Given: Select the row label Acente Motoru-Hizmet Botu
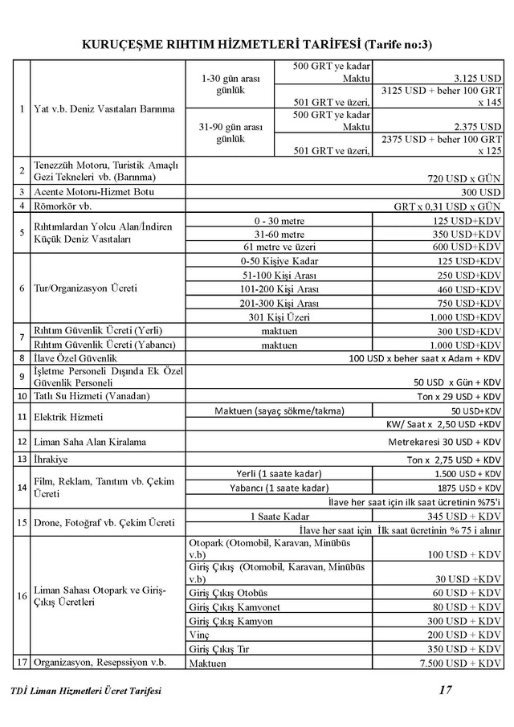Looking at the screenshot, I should (x=93, y=192).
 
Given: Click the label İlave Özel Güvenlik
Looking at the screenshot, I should (x=76, y=357).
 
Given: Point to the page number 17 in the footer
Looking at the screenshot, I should (x=446, y=689).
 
